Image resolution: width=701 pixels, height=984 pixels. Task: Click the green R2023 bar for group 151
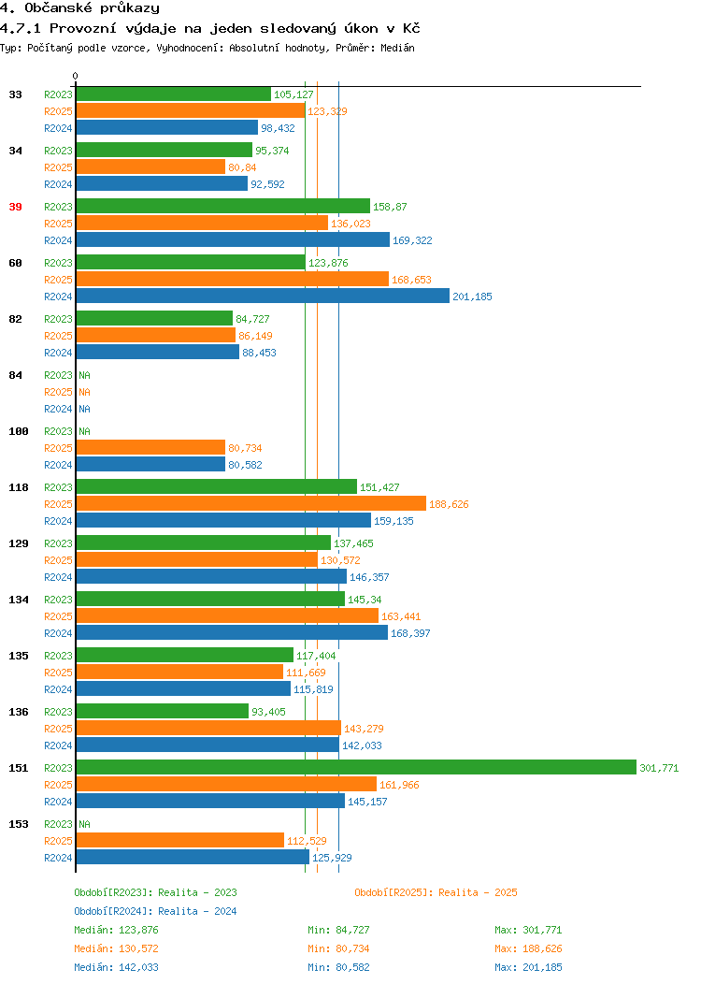click(356, 768)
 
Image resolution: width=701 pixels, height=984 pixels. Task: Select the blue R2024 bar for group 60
click(263, 297)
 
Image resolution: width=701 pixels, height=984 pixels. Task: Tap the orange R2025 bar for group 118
click(251, 504)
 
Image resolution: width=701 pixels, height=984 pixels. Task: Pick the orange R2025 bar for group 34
click(150, 166)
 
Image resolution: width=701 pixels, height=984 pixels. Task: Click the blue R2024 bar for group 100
click(150, 464)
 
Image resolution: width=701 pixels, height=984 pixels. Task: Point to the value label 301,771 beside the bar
click(659, 768)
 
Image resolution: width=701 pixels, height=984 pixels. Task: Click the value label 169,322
click(412, 240)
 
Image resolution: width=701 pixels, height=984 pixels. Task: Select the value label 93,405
click(268, 712)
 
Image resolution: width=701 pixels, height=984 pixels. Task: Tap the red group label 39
click(16, 207)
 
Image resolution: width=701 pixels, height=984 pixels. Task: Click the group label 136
click(18, 712)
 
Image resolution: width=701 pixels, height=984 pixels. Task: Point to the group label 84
click(16, 375)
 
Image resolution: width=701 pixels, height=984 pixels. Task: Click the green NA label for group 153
click(85, 824)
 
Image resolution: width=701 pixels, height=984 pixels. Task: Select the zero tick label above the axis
click(76, 76)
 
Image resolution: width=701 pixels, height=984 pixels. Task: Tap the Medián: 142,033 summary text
click(116, 967)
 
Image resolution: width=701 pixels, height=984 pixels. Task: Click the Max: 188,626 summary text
click(528, 948)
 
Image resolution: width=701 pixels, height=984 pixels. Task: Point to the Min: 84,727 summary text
click(338, 930)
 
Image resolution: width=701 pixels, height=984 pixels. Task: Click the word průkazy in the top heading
click(130, 8)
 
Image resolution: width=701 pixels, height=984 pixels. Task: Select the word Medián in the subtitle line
click(397, 48)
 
